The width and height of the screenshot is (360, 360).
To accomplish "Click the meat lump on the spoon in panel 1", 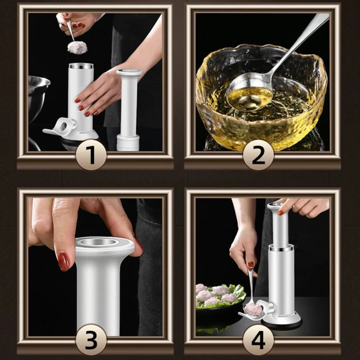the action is click(x=77, y=47).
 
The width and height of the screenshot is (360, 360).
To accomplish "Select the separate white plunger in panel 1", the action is click(x=128, y=110).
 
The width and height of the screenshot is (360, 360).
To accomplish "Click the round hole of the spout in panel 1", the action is click(x=64, y=125).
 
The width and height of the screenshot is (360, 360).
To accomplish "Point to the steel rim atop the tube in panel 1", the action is click(x=81, y=66).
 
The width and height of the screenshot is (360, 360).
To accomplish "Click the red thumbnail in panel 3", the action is click(x=63, y=262).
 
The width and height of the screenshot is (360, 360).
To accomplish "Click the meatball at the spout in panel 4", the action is click(x=253, y=309).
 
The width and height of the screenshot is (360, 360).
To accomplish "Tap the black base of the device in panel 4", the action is click(x=282, y=324).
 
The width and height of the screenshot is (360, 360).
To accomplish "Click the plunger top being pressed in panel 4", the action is click(x=278, y=206).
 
